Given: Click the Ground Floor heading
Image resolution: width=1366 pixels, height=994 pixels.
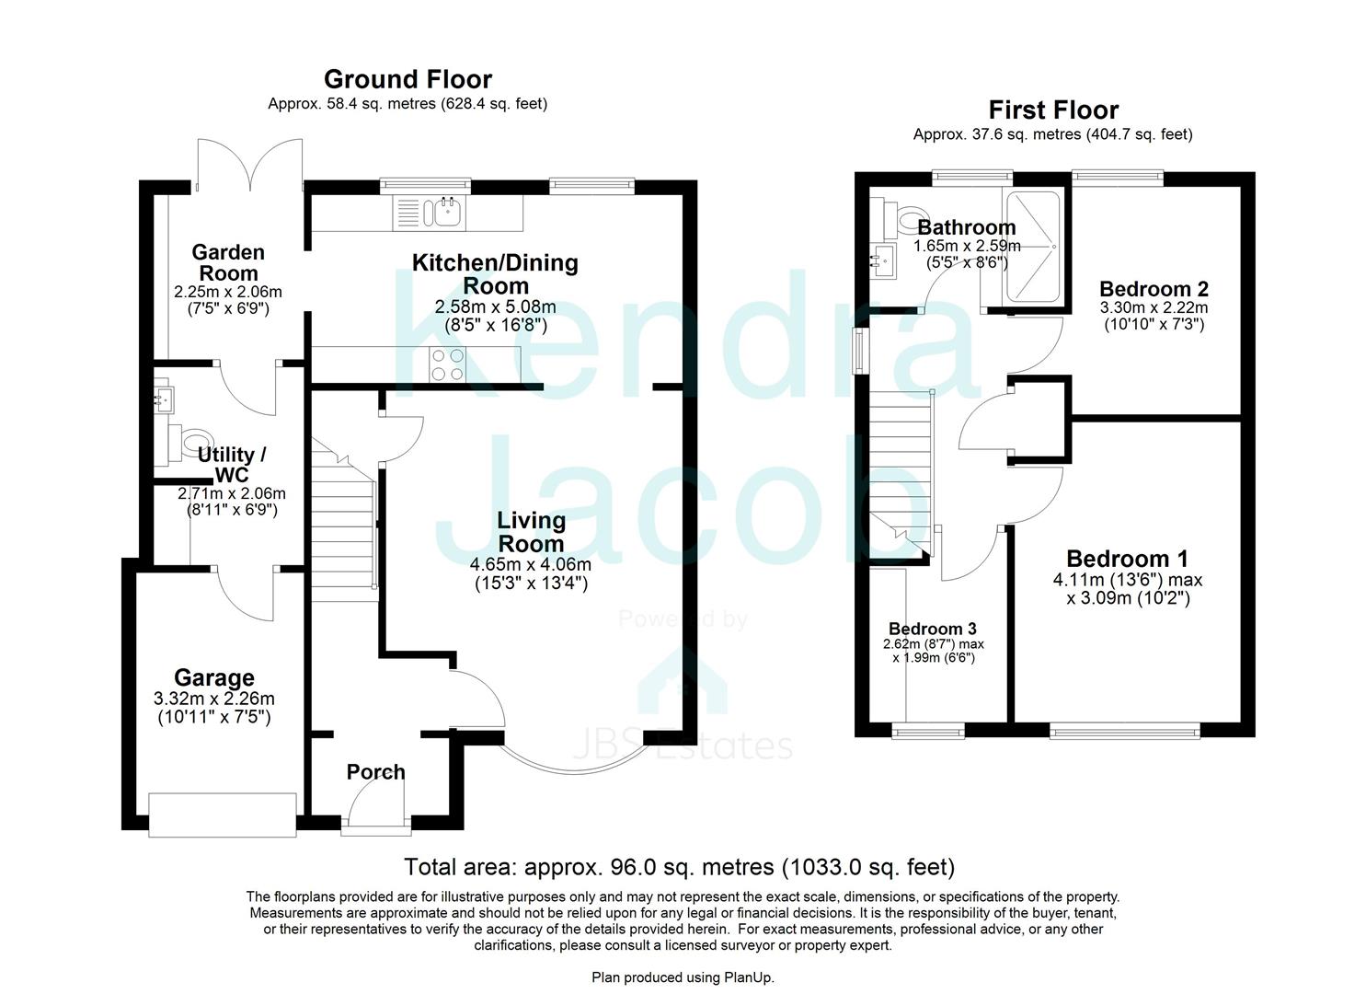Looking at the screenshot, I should click(x=408, y=79).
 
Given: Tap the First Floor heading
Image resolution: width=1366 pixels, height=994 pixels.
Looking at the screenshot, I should click(x=1053, y=110).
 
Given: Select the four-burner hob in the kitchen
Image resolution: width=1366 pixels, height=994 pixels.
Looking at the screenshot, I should click(x=448, y=364).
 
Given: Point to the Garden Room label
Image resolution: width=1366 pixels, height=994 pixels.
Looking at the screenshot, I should click(x=228, y=262).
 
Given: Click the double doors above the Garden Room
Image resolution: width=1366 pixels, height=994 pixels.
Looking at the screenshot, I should click(x=248, y=166).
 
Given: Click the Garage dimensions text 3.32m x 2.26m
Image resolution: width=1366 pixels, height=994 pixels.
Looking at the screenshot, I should click(x=214, y=699).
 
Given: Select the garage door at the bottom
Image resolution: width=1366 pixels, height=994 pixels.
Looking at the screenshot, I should click(x=223, y=815).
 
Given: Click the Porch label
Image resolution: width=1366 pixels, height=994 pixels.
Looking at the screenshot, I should click(x=375, y=772).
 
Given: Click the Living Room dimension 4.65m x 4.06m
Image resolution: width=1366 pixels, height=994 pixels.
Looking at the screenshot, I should click(x=531, y=564).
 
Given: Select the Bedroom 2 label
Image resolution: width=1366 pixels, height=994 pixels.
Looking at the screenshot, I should click(x=1154, y=288).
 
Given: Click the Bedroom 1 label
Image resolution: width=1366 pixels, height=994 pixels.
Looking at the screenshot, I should click(x=1127, y=559).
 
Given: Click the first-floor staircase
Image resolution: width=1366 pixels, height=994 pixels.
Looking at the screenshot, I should click(x=899, y=469).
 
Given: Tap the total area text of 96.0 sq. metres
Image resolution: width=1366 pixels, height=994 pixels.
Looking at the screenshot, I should click(x=679, y=867).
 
